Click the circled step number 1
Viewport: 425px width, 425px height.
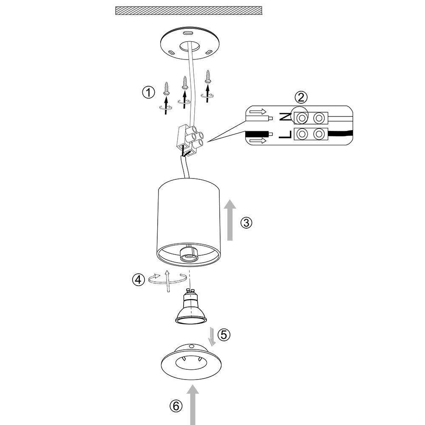coord(148,93)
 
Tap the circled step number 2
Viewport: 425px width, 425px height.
coord(301,97)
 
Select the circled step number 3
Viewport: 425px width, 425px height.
coord(246,223)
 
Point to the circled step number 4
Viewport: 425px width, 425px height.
coord(139,280)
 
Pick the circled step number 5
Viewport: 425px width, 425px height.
coord(224,335)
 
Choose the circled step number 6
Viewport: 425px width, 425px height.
coord(176,406)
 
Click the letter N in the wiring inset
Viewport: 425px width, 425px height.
coord(285,117)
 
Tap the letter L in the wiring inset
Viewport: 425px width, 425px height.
coord(285,134)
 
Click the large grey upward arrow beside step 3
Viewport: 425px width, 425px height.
coord(230,220)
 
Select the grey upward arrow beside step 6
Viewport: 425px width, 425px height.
coord(193,405)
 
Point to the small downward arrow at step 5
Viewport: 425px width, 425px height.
coord(212,337)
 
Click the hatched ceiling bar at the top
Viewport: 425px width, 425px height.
coord(189,11)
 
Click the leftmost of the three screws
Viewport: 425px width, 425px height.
coord(167,88)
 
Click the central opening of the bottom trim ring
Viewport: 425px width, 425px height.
coord(191,363)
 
